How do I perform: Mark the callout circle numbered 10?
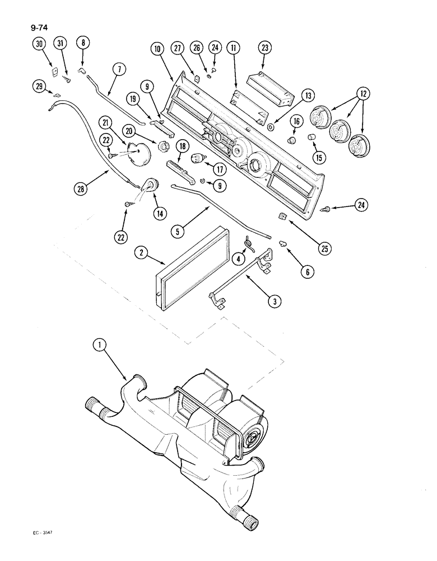pyautogui.click(x=157, y=49)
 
